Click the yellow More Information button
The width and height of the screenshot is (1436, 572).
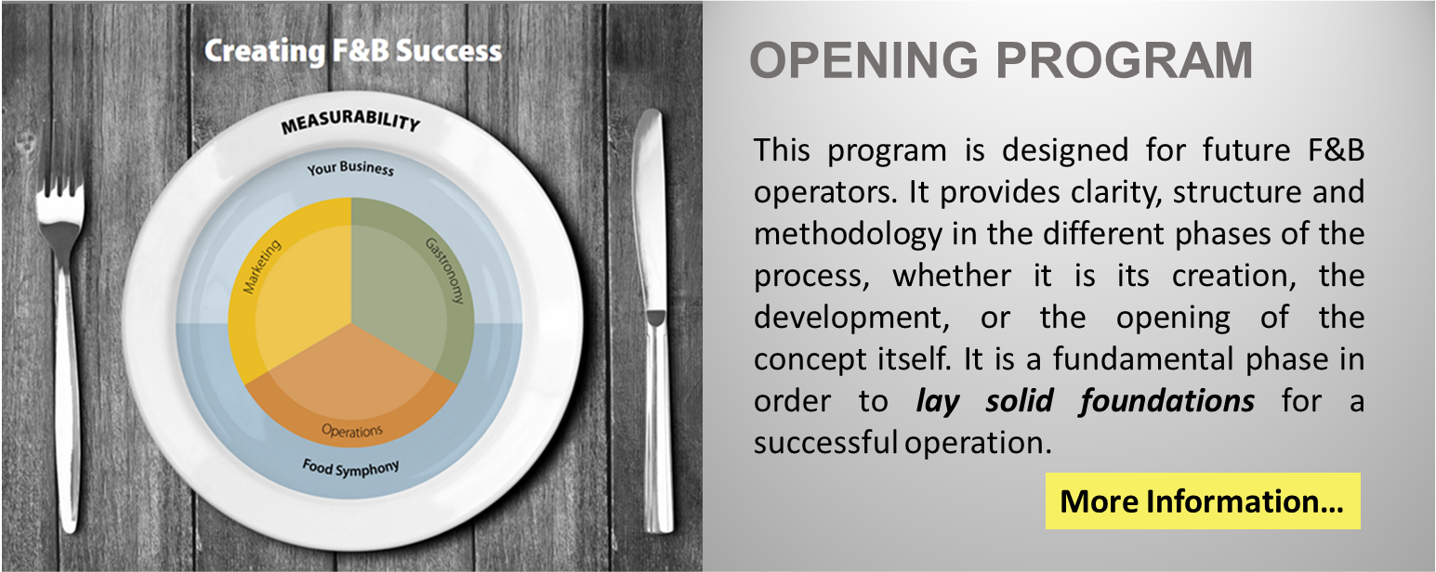coord(1203,500)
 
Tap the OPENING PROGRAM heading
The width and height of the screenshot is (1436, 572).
coord(1001,60)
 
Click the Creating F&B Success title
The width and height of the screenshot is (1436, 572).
coord(352,51)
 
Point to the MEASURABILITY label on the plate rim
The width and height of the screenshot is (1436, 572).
coord(350,121)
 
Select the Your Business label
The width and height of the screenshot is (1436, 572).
coord(350,168)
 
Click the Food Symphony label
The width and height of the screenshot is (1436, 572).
coord(350,468)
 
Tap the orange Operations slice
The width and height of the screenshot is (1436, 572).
coord(351,391)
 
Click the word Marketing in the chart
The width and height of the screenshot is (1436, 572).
coord(262,266)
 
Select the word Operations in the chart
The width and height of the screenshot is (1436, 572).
coord(352,431)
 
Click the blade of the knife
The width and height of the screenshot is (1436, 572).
coord(650,212)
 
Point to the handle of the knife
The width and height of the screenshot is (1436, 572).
coord(660,422)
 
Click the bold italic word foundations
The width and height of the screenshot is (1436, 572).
coord(1166,402)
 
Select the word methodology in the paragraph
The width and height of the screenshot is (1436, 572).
coord(849,235)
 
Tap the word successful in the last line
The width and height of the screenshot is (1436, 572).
coord(825,443)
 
